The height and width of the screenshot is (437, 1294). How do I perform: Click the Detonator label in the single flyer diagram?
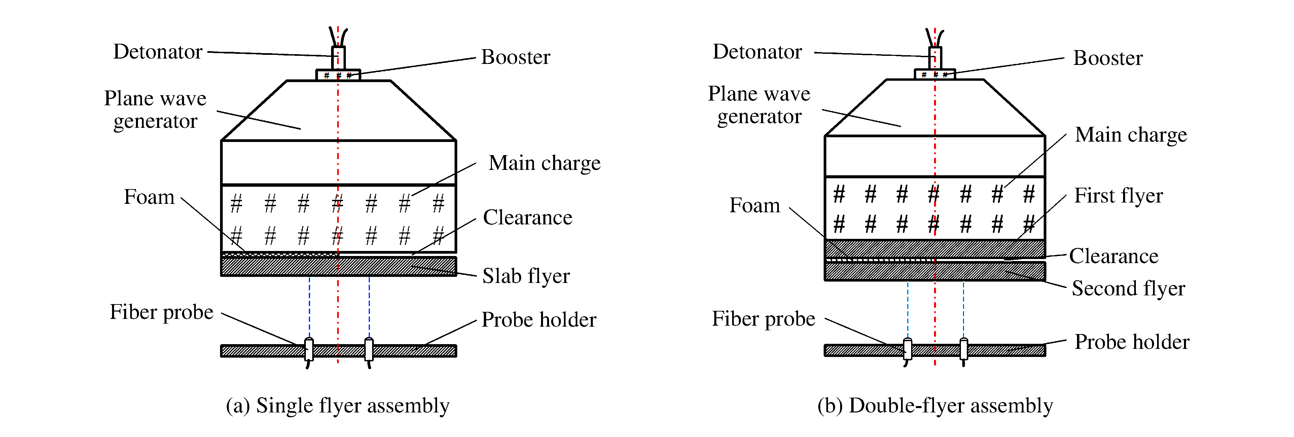158,52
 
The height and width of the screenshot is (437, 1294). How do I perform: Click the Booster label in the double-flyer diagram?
1108,58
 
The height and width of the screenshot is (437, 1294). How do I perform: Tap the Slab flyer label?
526,276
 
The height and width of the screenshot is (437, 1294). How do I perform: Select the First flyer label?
1118,196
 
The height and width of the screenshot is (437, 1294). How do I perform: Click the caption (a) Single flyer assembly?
337,406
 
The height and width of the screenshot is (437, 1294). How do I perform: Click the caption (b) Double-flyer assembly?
935,406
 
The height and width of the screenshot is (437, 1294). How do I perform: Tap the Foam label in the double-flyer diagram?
755,206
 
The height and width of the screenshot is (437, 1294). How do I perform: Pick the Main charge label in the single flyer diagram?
544,163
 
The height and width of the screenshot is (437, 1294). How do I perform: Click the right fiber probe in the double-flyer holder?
964,349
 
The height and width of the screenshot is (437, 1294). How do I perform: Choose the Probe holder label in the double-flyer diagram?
1132,342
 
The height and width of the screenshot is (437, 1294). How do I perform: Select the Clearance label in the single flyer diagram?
528,218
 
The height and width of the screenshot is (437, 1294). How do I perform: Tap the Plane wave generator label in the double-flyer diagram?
759,105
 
